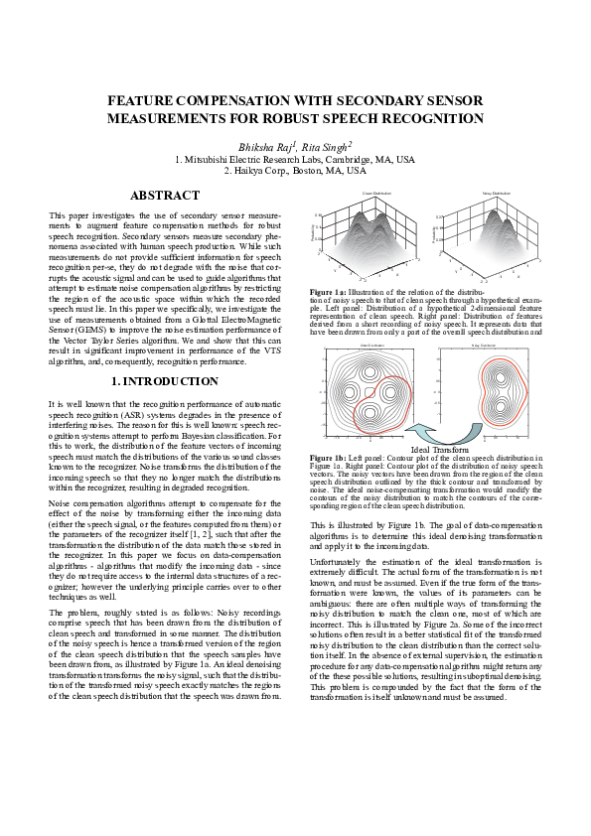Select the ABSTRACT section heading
166,196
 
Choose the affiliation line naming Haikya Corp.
295,171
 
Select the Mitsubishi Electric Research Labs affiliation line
295,159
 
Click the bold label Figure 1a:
328,293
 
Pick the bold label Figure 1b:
328,457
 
